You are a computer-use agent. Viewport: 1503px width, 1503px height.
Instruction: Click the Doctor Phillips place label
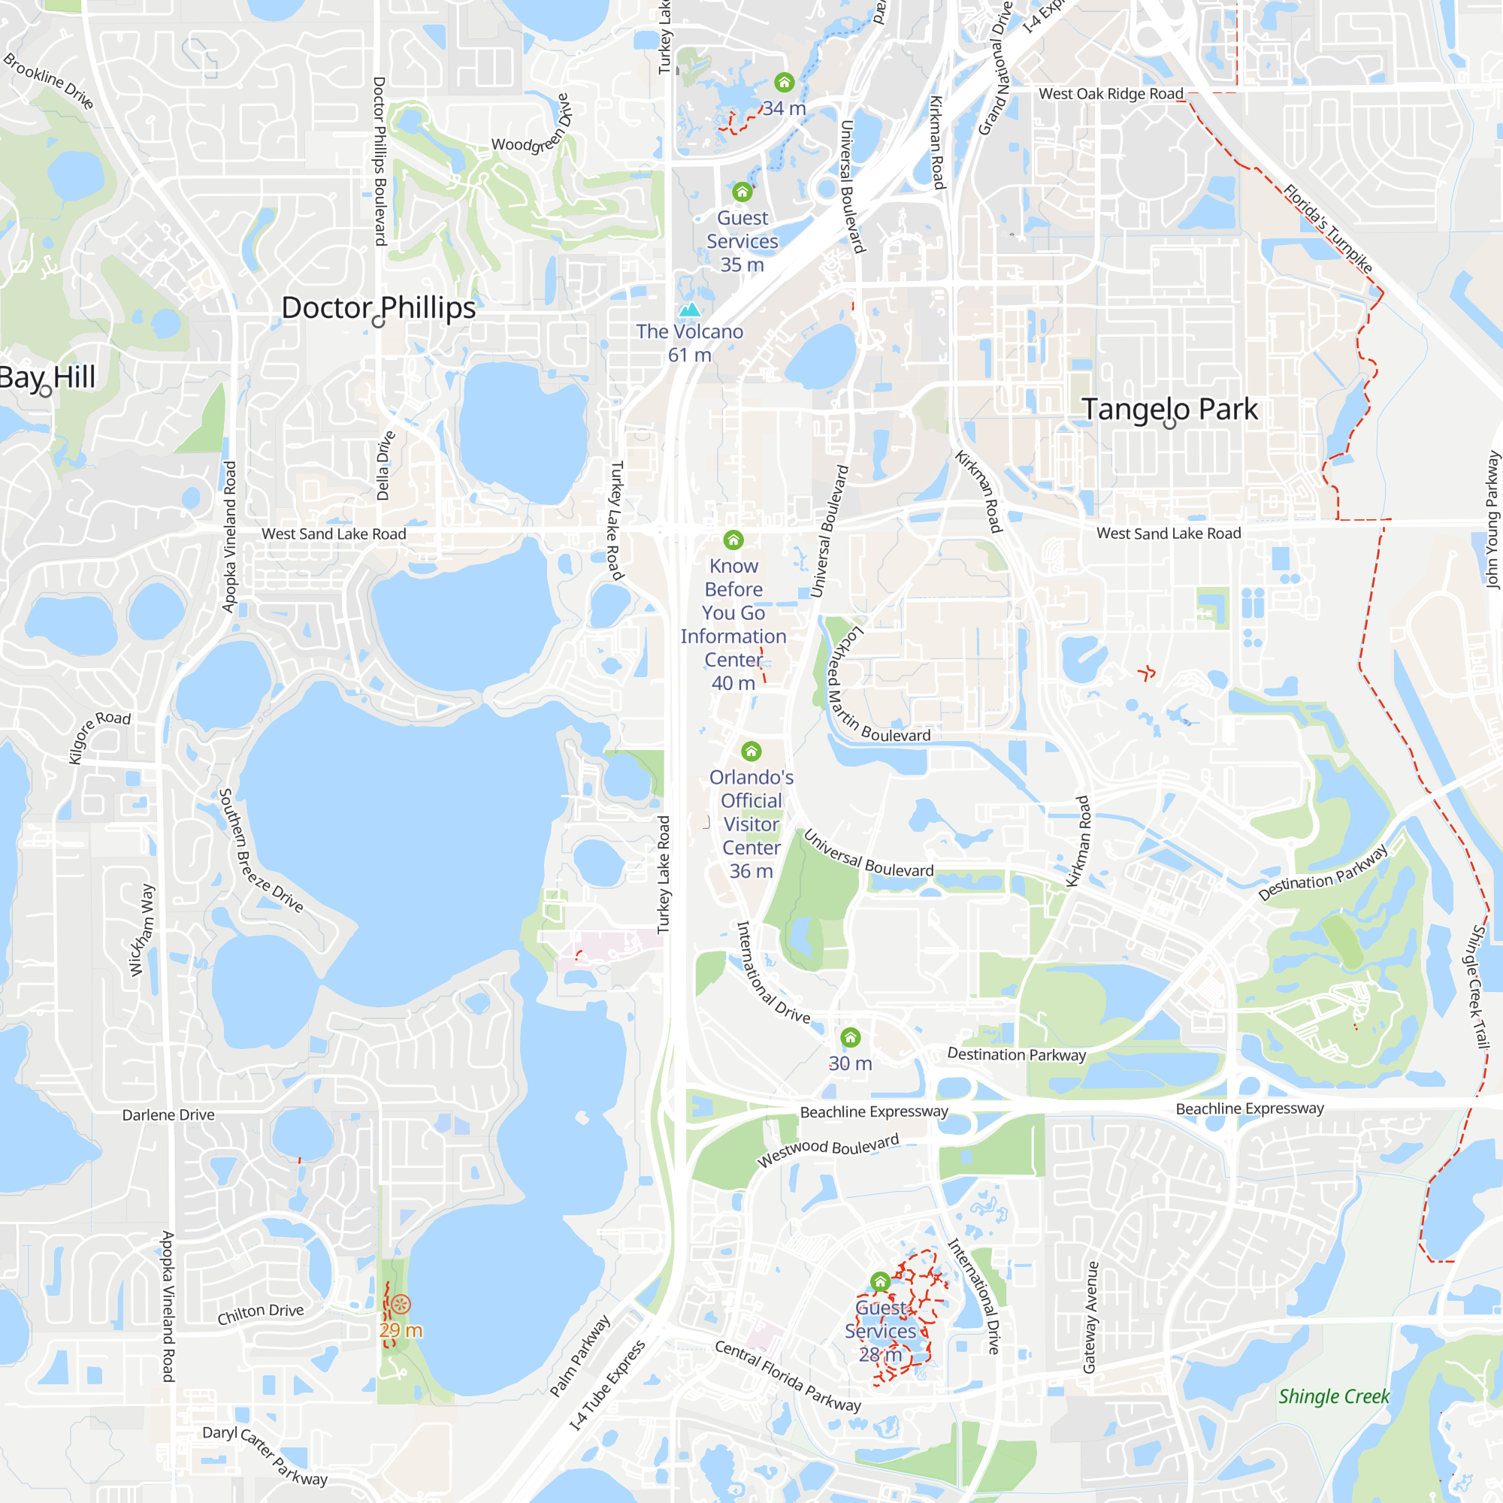pyautogui.click(x=378, y=308)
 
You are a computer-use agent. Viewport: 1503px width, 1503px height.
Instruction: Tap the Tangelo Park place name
pyautogui.click(x=1169, y=410)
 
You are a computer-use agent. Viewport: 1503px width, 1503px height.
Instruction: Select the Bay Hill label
pyautogui.click(x=47, y=377)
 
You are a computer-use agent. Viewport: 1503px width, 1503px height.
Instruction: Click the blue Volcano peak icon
pyautogui.click(x=689, y=310)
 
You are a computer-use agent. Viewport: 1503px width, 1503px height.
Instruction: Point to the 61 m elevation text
pyautogui.click(x=689, y=355)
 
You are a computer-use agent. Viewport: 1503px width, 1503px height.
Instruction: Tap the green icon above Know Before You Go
pyautogui.click(x=733, y=540)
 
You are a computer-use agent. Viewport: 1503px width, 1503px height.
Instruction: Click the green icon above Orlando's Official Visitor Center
pyautogui.click(x=751, y=751)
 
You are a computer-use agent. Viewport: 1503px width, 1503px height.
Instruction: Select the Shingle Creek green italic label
pyautogui.click(x=1333, y=1396)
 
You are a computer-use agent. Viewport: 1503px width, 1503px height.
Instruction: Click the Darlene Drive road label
pyautogui.click(x=168, y=1114)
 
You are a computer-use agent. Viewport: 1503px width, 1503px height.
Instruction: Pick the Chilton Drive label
pyautogui.click(x=261, y=1313)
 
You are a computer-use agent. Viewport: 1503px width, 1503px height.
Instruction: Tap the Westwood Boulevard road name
pyautogui.click(x=827, y=1150)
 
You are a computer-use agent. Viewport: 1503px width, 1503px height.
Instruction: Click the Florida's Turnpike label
pyautogui.click(x=1327, y=228)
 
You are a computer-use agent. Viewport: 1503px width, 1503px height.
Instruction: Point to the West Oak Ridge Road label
pyautogui.click(x=1110, y=94)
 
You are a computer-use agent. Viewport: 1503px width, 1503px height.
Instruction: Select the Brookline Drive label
pyautogui.click(x=48, y=81)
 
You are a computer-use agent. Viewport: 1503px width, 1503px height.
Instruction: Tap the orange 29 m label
pyautogui.click(x=401, y=1330)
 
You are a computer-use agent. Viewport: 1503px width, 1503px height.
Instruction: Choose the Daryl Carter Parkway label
pyautogui.click(x=265, y=1455)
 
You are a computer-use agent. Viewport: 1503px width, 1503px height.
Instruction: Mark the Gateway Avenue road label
pyautogui.click(x=1090, y=1317)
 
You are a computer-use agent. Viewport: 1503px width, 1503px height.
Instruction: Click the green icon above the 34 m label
pyautogui.click(x=784, y=82)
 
